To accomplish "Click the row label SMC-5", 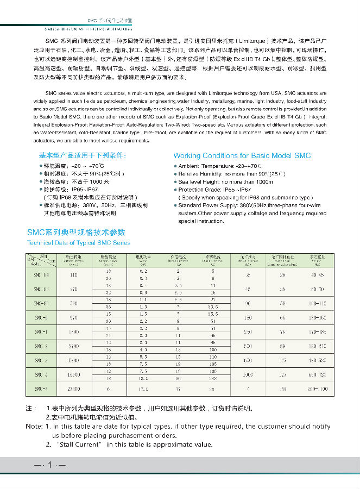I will (x=42, y=388).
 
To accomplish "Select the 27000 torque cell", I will (x=73, y=388).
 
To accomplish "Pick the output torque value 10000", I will (x=73, y=374).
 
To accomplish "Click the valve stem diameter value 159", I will (x=282, y=388).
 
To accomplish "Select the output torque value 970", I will (x=73, y=317).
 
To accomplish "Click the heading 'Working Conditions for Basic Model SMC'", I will (x=243, y=155).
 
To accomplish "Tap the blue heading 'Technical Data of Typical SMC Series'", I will (x=79, y=242).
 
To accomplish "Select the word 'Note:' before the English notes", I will (x=34, y=427).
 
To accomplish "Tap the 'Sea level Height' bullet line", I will (x=225, y=181).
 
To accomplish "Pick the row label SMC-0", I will (x=42, y=317).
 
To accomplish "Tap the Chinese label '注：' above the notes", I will (x=32, y=407).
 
